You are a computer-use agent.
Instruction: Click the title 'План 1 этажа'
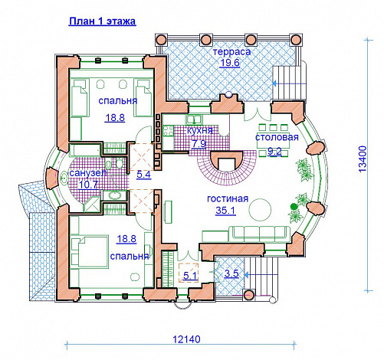click(x=102, y=21)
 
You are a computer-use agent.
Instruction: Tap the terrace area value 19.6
click(x=230, y=63)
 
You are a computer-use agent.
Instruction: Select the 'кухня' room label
click(x=200, y=130)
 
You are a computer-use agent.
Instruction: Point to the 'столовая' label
click(x=277, y=137)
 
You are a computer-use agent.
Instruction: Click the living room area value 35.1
click(x=225, y=211)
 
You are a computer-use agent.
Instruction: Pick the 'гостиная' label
click(x=228, y=198)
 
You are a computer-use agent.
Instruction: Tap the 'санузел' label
click(x=88, y=173)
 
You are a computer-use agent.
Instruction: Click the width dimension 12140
click(x=186, y=339)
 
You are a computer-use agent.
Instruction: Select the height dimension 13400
click(x=363, y=159)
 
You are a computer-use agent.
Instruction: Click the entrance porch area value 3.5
click(x=231, y=273)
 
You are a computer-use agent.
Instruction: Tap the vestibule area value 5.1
click(x=191, y=276)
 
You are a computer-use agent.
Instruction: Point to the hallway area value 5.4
click(x=144, y=175)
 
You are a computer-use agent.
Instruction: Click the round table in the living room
click(x=260, y=210)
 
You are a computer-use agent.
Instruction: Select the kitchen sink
click(x=194, y=119)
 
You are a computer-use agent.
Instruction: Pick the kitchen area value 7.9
click(x=199, y=144)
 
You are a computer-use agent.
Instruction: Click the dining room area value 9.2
click(x=274, y=152)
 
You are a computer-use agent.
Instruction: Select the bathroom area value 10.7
click(x=88, y=185)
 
